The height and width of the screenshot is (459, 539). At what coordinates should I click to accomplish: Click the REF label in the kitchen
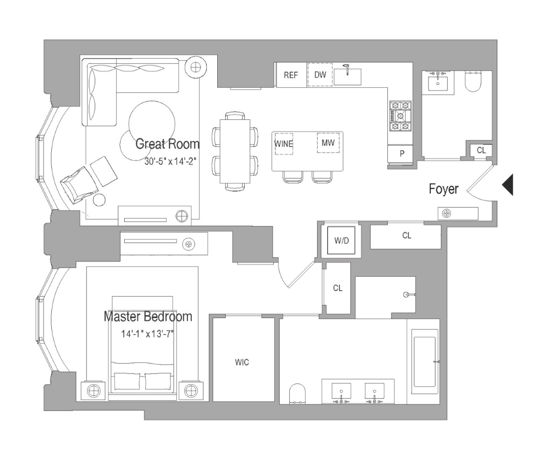[291, 75]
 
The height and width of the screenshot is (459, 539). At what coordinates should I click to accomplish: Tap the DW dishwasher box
[320, 74]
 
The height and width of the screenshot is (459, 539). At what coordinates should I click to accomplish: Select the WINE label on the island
[284, 143]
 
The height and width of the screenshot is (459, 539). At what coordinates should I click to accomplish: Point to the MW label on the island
[328, 143]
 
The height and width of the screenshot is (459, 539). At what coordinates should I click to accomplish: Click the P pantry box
[401, 154]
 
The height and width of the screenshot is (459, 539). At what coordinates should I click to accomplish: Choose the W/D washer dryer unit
[341, 241]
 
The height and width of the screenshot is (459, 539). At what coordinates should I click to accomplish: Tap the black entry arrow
[507, 185]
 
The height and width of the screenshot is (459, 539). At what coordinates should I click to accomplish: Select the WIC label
[242, 363]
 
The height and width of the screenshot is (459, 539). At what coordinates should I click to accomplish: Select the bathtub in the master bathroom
[424, 363]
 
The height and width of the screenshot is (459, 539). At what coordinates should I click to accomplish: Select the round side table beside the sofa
[195, 67]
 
